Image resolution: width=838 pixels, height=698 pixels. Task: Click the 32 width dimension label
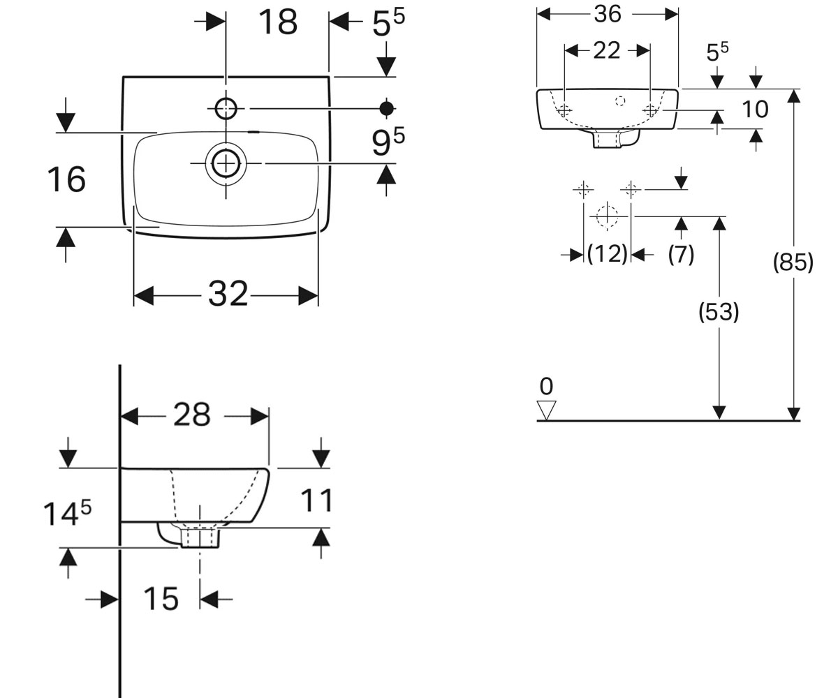pos(228,294)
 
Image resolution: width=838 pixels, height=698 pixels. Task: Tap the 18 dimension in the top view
pos(278,22)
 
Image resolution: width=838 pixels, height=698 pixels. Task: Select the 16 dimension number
pos(66,179)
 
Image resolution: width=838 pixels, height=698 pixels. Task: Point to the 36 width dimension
pos(608,14)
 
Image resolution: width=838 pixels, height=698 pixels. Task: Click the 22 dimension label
pos(607,50)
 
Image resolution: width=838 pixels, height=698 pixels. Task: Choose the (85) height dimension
pos(793,262)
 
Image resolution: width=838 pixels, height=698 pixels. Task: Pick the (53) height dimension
pos(719,312)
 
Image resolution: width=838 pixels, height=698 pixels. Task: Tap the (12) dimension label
pos(607,254)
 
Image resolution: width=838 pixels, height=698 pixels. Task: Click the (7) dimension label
pos(681,254)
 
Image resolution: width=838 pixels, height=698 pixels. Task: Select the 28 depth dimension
pos(192,415)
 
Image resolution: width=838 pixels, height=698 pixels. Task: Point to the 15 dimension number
pos(161,599)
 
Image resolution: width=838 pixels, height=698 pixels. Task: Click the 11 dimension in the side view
pos(316,500)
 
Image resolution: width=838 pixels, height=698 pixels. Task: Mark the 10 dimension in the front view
pos(755,109)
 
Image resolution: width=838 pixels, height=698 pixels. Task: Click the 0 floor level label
pos(546,386)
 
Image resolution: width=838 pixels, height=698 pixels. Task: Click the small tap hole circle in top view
pos(226,109)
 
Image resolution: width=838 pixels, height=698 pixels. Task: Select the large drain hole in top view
pos(226,163)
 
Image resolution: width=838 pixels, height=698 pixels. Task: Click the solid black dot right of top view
pos(387,108)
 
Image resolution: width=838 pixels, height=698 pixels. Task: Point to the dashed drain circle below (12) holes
pos(608,216)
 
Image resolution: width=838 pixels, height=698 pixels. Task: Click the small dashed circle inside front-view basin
pos(620,101)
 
